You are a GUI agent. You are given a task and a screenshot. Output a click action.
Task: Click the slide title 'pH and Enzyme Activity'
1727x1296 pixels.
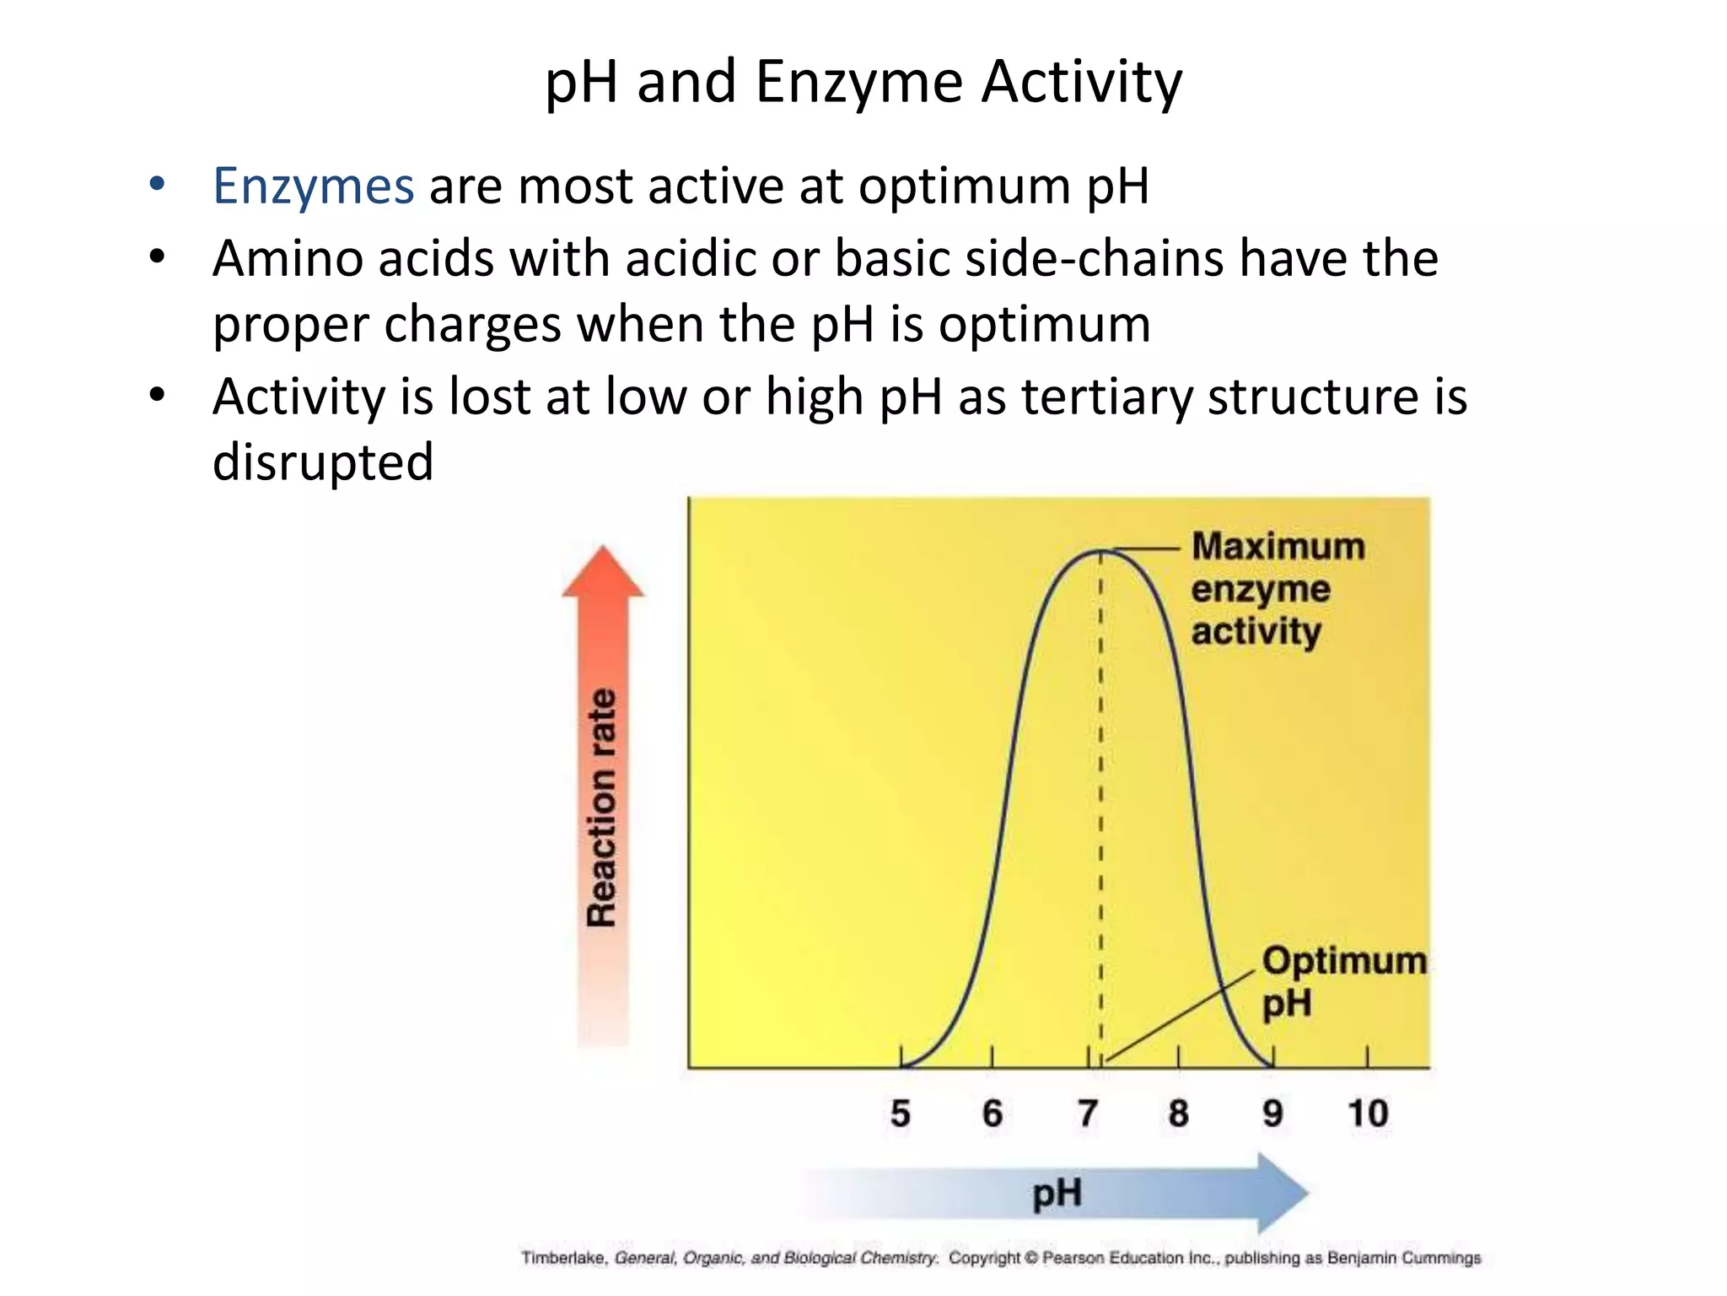tap(863, 83)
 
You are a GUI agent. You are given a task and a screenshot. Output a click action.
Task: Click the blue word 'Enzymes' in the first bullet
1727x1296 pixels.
tap(313, 186)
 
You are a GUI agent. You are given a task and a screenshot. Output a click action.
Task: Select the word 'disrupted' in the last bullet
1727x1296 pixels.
tap(323, 462)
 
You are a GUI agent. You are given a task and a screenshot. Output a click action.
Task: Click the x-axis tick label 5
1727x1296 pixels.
tap(901, 1115)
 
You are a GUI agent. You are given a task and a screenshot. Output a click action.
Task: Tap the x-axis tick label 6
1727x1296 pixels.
tap(993, 1115)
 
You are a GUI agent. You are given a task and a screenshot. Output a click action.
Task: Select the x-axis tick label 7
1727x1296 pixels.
tap(1088, 1115)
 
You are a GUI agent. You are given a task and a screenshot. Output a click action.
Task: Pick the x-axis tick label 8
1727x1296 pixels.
tap(1178, 1115)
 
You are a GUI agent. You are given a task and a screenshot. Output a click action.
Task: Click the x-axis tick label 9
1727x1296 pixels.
tap(1272, 1115)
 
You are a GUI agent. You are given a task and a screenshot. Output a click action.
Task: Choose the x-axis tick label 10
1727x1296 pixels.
tap(1368, 1115)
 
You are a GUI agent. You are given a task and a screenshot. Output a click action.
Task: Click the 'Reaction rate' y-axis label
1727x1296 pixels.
tap(602, 808)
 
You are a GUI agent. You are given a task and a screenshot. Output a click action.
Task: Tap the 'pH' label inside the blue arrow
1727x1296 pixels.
tap(1057, 1194)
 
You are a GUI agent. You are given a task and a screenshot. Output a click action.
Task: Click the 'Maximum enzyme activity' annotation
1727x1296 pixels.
tap(1276, 589)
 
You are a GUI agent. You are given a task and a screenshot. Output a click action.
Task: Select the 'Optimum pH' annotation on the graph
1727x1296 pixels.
tap(1342, 981)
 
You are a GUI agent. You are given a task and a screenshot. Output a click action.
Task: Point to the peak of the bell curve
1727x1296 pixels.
tap(1101, 551)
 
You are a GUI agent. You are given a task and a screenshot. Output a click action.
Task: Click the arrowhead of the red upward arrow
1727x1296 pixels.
tap(603, 572)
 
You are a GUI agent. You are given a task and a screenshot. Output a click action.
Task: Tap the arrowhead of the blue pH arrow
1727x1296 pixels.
tap(1283, 1193)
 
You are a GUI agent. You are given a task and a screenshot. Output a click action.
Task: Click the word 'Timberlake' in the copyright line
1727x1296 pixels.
tap(562, 1258)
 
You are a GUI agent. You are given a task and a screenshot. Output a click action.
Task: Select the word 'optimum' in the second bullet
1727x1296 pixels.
tap(1044, 324)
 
